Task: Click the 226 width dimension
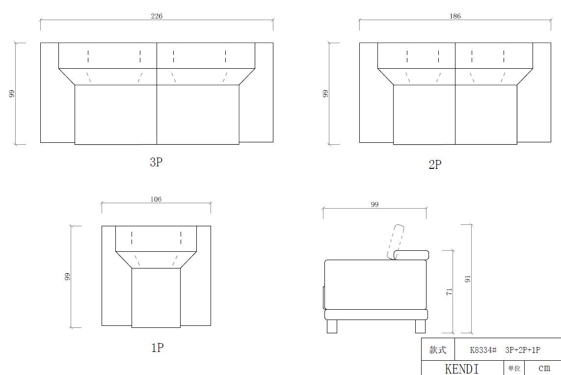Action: (x=157, y=16)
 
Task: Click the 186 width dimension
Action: (x=455, y=16)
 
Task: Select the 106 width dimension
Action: (x=156, y=199)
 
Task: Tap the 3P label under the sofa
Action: (x=156, y=162)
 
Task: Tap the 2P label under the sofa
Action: (x=435, y=164)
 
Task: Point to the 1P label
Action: (x=158, y=348)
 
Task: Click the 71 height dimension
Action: (x=450, y=292)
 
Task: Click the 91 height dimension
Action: (x=468, y=279)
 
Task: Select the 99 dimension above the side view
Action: (x=374, y=205)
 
